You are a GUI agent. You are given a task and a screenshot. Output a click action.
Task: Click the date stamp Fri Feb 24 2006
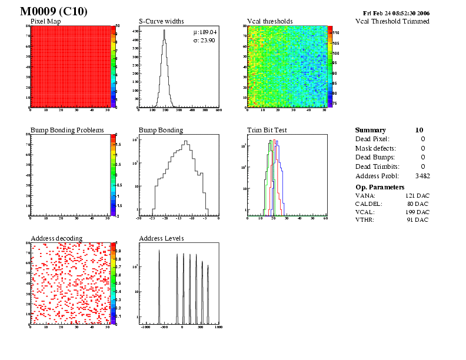[397, 13]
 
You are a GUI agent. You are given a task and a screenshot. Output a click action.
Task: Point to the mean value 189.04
[209, 32]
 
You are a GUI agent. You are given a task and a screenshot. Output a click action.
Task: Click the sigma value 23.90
[209, 40]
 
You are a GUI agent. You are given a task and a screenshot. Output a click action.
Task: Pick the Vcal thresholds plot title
[270, 22]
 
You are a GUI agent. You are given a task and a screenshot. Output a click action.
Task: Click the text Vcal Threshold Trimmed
[392, 22]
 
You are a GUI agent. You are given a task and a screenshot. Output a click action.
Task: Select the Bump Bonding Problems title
[67, 130]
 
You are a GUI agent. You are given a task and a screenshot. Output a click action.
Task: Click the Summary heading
[371, 130]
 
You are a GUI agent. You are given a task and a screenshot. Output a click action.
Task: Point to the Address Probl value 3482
[422, 176]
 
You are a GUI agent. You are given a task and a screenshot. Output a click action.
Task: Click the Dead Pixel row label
[372, 139]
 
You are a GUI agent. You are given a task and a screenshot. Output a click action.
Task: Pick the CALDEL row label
[369, 204]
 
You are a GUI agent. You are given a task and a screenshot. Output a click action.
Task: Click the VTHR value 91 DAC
[418, 220]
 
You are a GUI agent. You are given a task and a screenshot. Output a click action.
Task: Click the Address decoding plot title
[56, 238]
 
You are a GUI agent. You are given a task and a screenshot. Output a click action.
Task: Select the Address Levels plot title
[161, 238]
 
